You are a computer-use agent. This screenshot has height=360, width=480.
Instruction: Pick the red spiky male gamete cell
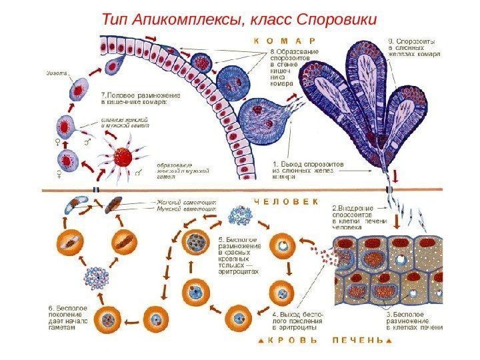(x=123, y=157)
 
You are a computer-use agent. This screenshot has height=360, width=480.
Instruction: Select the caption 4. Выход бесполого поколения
(x=297, y=318)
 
